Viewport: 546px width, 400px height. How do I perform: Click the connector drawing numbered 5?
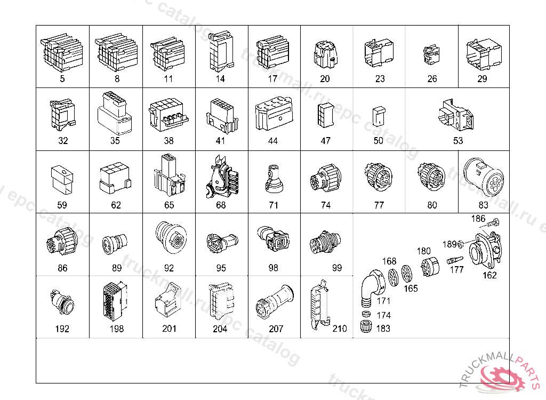(x=62, y=52)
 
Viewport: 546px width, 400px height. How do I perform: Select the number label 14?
(x=220, y=79)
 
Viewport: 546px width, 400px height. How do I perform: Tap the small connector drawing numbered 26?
(x=431, y=54)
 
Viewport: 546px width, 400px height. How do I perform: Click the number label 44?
(x=272, y=141)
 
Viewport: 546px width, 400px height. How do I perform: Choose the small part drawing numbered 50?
(x=379, y=116)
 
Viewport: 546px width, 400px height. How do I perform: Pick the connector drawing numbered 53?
(x=456, y=115)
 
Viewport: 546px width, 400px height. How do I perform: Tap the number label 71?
(x=274, y=205)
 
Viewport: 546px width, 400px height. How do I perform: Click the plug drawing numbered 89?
(x=115, y=243)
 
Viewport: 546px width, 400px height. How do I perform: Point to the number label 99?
(x=337, y=268)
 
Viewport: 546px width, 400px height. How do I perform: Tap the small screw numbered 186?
(x=494, y=222)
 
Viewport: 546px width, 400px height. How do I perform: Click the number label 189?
(x=449, y=244)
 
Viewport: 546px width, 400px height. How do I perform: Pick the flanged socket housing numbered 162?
(x=485, y=250)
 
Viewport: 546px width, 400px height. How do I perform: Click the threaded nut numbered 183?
(x=366, y=326)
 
